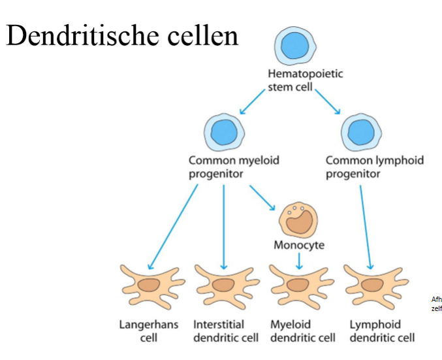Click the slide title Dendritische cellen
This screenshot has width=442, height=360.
(122, 36)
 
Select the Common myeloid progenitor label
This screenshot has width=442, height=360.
(233, 167)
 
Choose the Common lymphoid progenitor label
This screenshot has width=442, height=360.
(374, 167)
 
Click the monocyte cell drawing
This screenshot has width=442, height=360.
(298, 220)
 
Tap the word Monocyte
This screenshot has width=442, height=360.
(298, 246)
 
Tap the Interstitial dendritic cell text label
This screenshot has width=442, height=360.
(225, 331)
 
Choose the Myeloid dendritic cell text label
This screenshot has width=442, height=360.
(302, 331)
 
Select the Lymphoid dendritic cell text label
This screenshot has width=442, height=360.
(382, 331)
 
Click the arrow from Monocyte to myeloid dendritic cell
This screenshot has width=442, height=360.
(298, 261)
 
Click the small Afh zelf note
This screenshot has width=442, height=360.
(436, 304)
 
